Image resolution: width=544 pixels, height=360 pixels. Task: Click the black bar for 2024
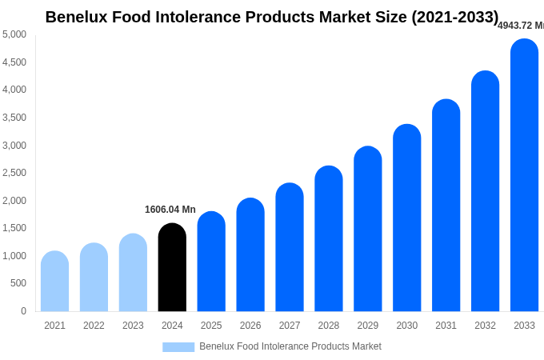click(172, 267)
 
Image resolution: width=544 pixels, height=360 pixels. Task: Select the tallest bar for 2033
click(524, 175)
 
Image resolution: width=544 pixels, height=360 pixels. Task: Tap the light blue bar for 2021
click(54, 282)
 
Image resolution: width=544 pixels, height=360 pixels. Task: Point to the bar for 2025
click(211, 262)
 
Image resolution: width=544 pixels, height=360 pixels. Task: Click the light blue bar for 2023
click(133, 273)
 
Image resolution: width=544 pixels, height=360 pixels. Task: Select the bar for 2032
click(485, 191)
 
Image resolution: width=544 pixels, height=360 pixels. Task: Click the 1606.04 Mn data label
click(170, 210)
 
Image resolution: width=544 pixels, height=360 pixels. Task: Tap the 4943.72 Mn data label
click(521, 26)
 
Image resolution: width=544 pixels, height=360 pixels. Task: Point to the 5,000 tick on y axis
click(14, 34)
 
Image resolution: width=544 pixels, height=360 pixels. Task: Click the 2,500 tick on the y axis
click(14, 173)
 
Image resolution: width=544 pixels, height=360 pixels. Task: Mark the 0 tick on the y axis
click(23, 311)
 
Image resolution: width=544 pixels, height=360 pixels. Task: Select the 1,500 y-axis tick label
click(14, 228)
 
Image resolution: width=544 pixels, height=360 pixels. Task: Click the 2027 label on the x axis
click(290, 326)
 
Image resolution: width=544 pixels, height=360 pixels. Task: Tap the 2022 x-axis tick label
click(94, 326)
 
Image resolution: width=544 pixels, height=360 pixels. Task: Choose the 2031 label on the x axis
click(446, 326)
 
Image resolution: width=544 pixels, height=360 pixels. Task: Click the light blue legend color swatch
click(178, 347)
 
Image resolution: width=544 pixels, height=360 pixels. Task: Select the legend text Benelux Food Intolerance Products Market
click(290, 346)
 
